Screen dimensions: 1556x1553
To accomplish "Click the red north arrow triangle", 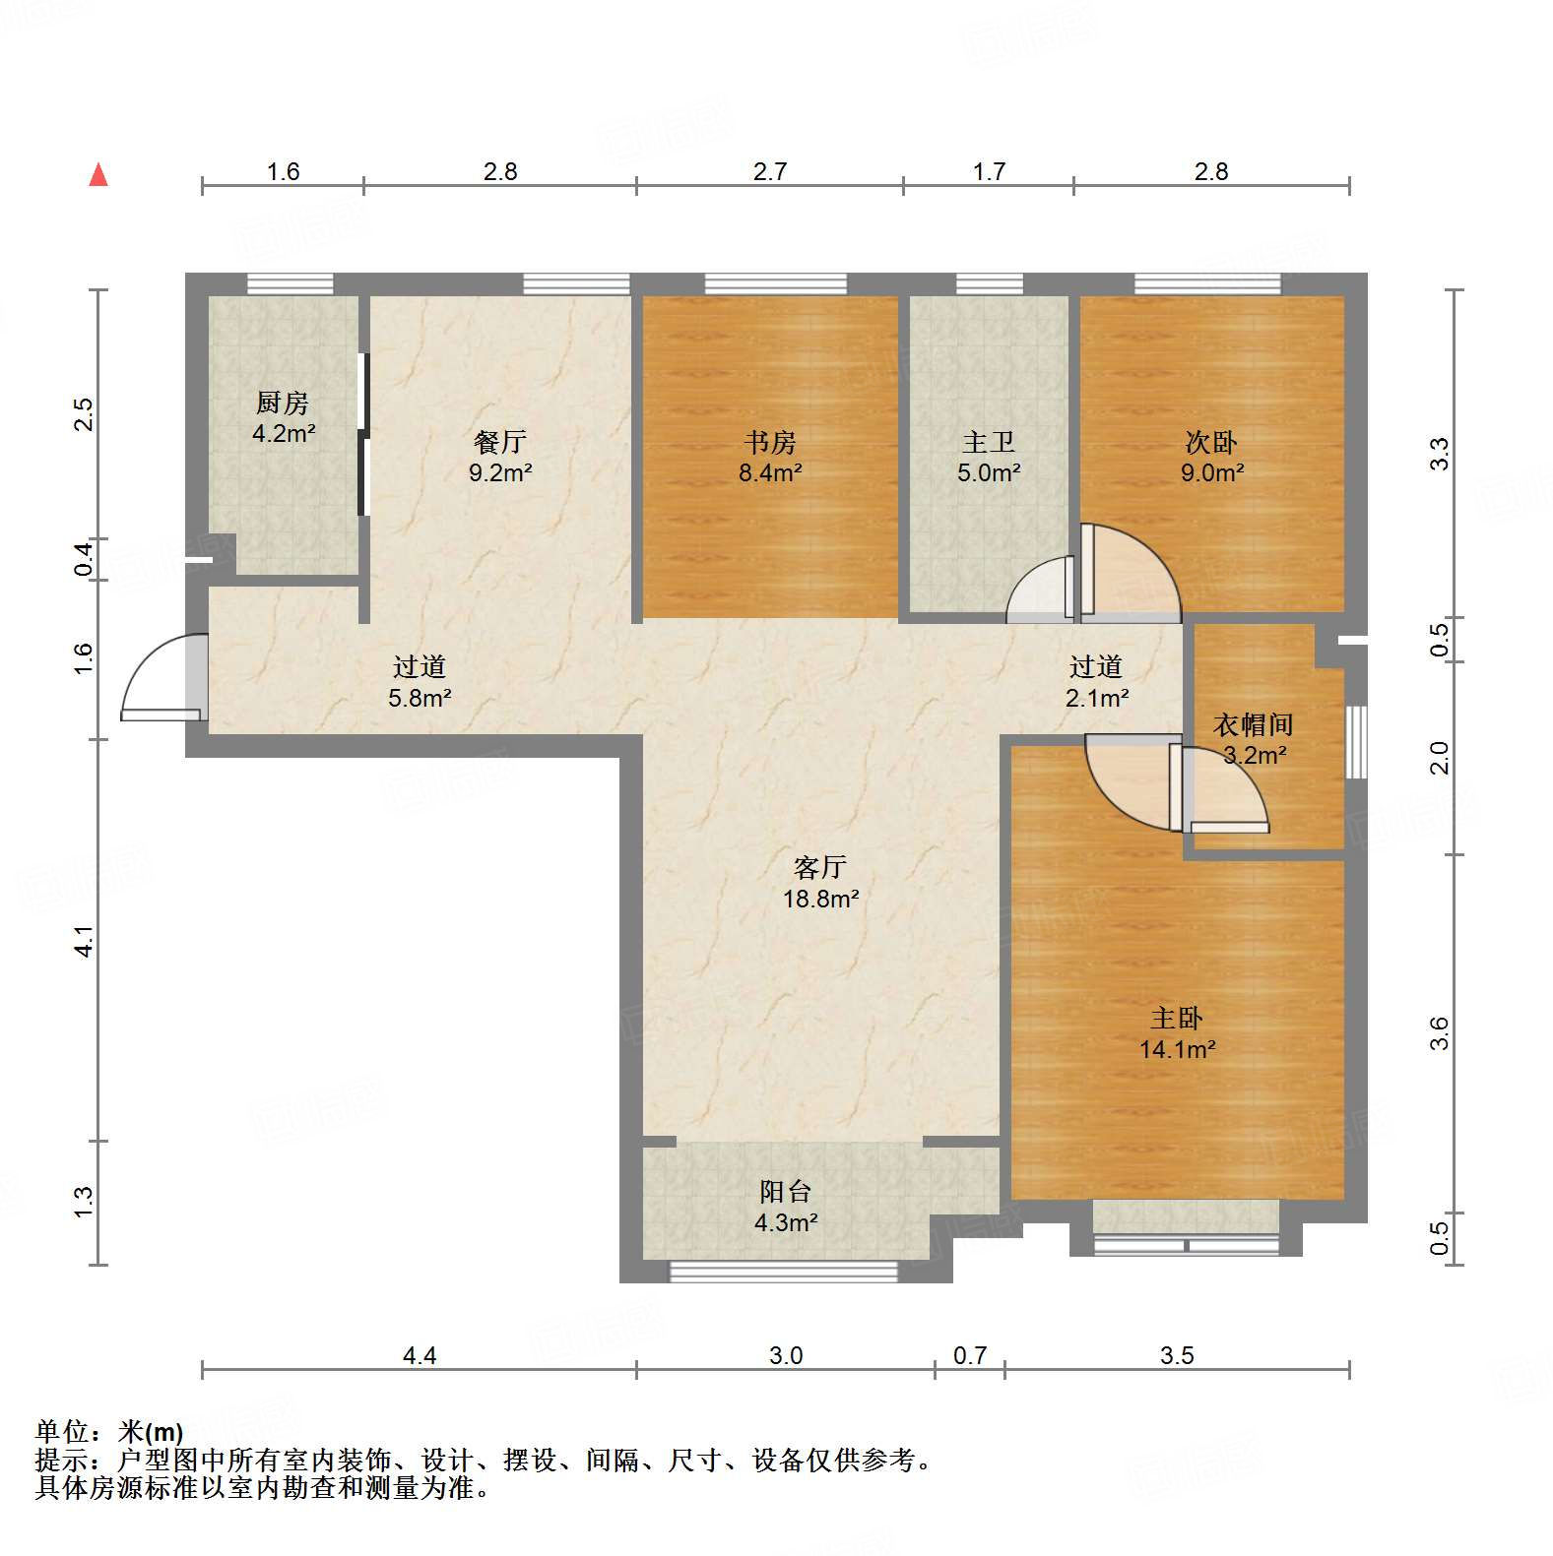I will tap(98, 175).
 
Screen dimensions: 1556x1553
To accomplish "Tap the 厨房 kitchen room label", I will tap(283, 403).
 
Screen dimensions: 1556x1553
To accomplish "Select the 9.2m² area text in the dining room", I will tap(500, 473).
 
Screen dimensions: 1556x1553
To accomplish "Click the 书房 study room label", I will tap(770, 443).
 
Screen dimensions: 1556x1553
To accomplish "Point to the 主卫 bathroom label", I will tap(989, 443).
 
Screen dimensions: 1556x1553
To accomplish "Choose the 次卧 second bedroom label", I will tap(1211, 443).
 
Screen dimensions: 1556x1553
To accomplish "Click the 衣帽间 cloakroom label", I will tap(1253, 725).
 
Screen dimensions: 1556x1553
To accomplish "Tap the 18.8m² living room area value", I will tap(820, 899).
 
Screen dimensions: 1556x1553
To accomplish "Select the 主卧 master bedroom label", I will tap(1177, 1018).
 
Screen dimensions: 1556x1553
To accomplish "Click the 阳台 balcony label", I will tap(785, 1192).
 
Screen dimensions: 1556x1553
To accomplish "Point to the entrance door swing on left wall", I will tap(162, 679).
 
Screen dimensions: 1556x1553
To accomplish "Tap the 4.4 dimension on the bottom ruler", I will tap(420, 1356).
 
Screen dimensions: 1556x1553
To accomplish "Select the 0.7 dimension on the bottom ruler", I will tap(970, 1356).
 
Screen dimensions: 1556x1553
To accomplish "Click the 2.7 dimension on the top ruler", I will tap(770, 172).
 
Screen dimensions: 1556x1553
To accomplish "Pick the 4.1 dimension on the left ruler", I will tap(85, 941).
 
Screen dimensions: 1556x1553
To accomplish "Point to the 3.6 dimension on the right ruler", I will tap(1439, 1033).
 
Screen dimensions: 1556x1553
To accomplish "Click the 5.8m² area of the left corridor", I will tap(420, 699).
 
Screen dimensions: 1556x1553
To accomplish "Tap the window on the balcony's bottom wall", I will tap(784, 1272).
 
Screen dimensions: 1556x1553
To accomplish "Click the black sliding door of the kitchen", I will tap(362, 434).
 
